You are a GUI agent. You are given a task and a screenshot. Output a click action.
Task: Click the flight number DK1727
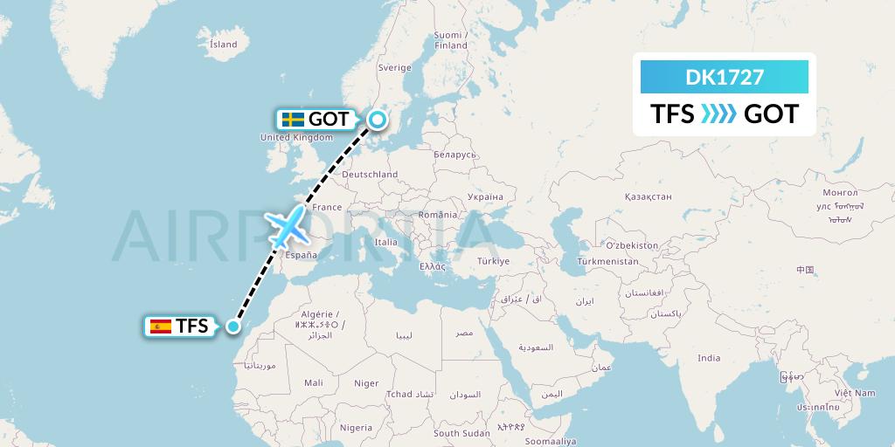725,77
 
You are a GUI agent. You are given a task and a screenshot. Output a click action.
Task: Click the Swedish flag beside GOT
293,120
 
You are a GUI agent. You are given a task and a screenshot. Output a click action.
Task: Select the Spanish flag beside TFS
161,327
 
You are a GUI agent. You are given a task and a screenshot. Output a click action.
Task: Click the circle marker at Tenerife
233,327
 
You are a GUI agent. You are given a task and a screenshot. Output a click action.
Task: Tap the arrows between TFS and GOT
719,114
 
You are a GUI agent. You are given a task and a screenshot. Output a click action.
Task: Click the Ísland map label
224,45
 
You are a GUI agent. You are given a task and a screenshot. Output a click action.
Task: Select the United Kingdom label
297,137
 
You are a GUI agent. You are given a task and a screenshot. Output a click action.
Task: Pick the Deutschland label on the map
370,175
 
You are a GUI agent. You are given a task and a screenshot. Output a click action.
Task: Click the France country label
328,208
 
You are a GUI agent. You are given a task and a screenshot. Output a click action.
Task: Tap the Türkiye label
493,261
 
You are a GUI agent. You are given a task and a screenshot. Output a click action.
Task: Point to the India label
709,358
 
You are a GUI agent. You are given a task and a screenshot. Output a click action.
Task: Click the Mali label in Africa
314,382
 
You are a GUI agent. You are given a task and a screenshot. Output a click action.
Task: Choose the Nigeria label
356,428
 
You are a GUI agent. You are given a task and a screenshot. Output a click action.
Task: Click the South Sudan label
461,433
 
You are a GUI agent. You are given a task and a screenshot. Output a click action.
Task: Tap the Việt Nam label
854,393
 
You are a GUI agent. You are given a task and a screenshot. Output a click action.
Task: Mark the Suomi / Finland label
451,40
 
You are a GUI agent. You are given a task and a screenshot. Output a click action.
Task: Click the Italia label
385,242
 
